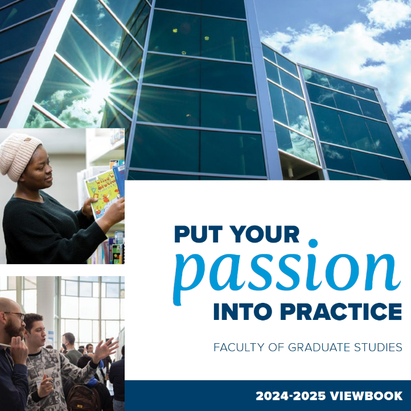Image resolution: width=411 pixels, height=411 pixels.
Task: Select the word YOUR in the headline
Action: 266,234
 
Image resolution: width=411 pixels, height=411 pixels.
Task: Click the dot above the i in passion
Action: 313,243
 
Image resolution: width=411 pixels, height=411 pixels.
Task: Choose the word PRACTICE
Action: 341,311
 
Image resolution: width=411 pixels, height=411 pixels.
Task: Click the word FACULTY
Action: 239,347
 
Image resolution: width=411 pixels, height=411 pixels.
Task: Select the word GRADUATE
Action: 319,347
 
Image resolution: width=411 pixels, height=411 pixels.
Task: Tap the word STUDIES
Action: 378,347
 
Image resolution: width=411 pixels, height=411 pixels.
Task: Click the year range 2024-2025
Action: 291,396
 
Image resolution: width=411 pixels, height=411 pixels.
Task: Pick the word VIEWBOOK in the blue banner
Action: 366,396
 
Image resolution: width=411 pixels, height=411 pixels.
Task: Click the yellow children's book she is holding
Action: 102,194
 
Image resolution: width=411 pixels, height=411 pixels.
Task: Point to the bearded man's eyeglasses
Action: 17,315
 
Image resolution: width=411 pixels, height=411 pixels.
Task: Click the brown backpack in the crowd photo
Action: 83,398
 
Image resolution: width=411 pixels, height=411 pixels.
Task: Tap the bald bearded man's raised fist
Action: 19,348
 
